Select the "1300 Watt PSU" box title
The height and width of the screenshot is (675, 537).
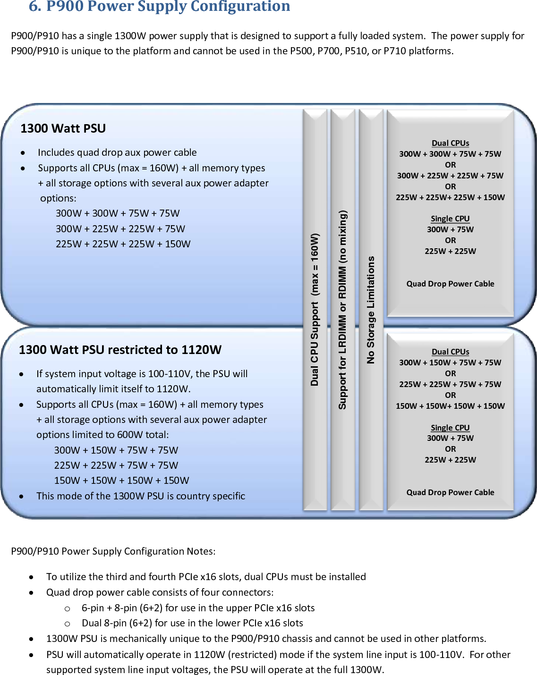[x=63, y=128]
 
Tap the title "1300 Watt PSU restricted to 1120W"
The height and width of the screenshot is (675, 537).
[x=120, y=350]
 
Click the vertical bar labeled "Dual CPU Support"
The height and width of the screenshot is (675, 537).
[x=315, y=309]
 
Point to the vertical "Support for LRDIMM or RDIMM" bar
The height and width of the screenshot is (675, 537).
[x=342, y=309]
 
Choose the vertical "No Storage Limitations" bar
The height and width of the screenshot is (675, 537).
[x=371, y=309]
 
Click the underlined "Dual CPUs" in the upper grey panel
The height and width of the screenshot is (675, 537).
[x=450, y=143]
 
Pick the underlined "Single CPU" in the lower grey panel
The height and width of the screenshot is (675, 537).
[x=450, y=428]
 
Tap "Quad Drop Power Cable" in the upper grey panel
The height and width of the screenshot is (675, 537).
[x=450, y=284]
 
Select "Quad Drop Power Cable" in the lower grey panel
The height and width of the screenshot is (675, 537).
[x=450, y=492]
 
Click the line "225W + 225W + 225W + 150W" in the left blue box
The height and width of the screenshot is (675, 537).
[x=123, y=244]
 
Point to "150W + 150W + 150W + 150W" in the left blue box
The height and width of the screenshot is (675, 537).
[x=121, y=481]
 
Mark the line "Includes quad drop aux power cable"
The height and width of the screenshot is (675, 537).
[x=117, y=152]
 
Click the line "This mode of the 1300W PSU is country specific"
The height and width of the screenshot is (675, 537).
[x=141, y=496]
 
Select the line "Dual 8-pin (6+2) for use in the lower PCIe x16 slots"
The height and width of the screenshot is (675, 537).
[x=192, y=623]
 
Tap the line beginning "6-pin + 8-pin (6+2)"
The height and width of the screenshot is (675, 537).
[x=198, y=608]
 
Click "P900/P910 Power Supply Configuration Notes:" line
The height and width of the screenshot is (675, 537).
[x=113, y=551]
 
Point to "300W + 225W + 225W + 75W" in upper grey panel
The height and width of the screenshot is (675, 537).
[x=450, y=176]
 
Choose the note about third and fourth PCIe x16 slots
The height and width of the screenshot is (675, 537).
[x=206, y=577]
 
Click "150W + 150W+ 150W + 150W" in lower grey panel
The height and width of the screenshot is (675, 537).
[x=450, y=406]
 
